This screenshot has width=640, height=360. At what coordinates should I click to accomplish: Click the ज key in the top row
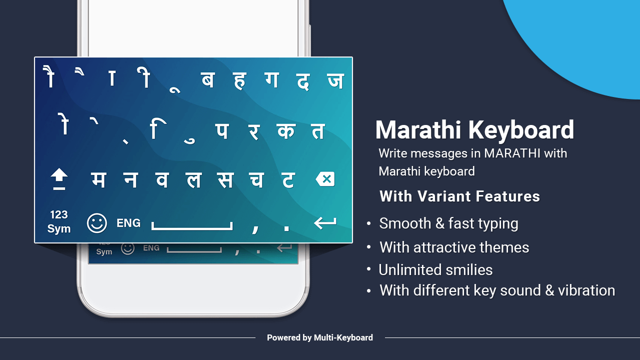(335, 80)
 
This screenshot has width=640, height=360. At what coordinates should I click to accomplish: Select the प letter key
(221, 130)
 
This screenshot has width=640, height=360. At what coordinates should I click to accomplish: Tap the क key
(285, 130)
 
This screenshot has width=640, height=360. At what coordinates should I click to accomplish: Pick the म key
(98, 179)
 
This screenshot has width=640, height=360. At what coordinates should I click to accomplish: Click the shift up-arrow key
(59, 179)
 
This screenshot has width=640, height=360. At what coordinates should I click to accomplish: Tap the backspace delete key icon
(325, 179)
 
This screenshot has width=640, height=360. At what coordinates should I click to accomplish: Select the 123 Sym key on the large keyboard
(59, 221)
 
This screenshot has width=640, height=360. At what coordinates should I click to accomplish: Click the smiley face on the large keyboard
(96, 223)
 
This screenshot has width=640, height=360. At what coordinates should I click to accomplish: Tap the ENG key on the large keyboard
(128, 223)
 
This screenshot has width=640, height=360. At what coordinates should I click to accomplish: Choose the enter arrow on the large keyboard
(325, 223)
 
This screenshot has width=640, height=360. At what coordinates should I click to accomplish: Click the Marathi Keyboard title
(474, 130)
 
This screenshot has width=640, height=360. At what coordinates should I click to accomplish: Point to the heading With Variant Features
(459, 196)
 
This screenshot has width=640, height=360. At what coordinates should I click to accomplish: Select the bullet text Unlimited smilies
(435, 270)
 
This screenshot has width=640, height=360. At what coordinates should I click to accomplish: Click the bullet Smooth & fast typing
(448, 223)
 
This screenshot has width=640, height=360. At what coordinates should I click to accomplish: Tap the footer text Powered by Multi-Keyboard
(320, 337)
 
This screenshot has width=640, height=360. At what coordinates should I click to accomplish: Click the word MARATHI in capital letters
(512, 153)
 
